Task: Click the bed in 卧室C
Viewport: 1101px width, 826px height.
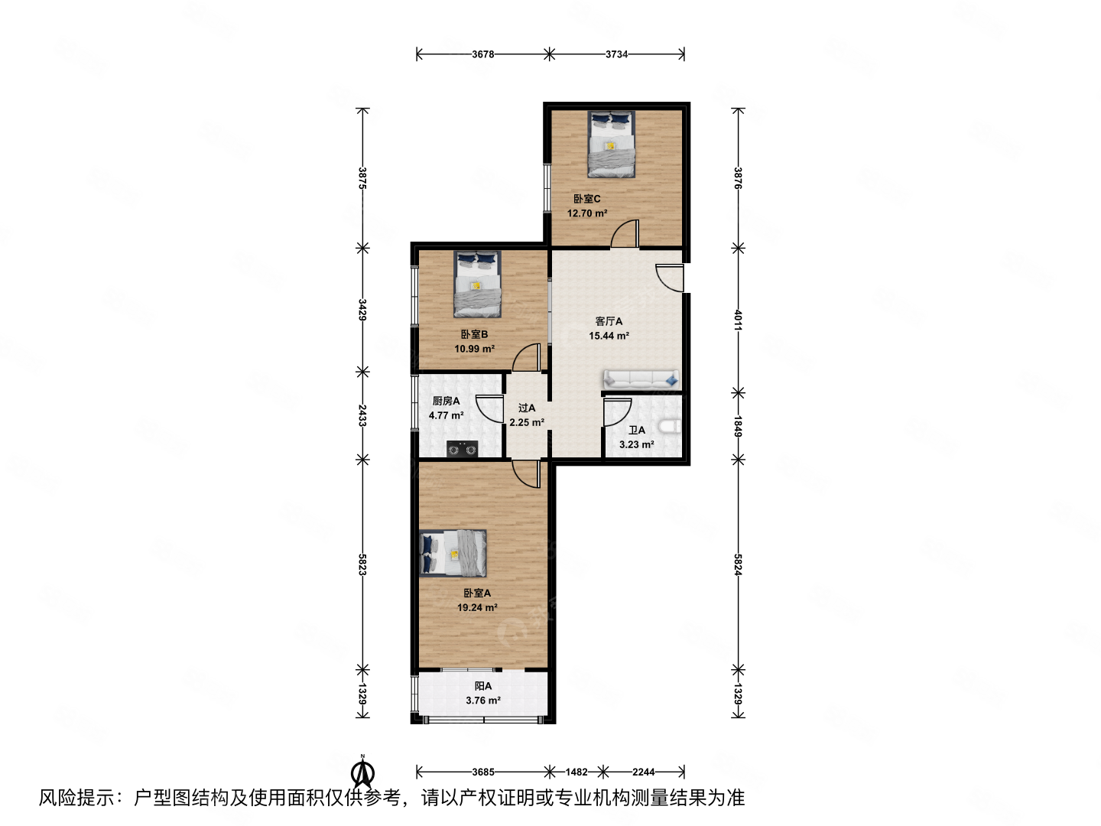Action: coord(611,144)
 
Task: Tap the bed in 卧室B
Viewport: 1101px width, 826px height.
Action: coord(478,284)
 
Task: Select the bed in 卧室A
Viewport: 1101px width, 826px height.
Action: coord(453,553)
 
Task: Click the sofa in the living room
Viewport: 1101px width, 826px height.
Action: coord(641,379)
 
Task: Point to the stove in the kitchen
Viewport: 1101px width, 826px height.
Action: coord(462,450)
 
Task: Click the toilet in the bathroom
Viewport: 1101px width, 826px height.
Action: coord(671,427)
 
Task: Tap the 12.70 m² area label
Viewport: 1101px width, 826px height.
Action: coord(587,213)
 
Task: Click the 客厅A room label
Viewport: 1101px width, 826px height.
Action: coord(609,321)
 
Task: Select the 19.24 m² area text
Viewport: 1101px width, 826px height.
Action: coord(477,608)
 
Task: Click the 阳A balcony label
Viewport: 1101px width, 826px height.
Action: coord(483,686)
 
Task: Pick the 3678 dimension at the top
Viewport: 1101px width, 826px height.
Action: coord(483,54)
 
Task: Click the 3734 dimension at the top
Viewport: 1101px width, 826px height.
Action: coord(617,54)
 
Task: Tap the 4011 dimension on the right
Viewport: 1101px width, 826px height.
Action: coord(738,320)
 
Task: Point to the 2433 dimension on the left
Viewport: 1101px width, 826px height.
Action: coord(362,416)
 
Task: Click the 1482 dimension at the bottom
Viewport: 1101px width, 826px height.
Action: coord(578,772)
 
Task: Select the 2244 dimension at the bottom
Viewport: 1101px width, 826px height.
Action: coord(644,772)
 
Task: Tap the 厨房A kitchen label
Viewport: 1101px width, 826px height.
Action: coord(446,401)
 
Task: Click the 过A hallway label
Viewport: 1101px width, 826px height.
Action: coord(527,408)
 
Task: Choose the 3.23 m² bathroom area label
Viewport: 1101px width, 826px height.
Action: coord(636,444)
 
